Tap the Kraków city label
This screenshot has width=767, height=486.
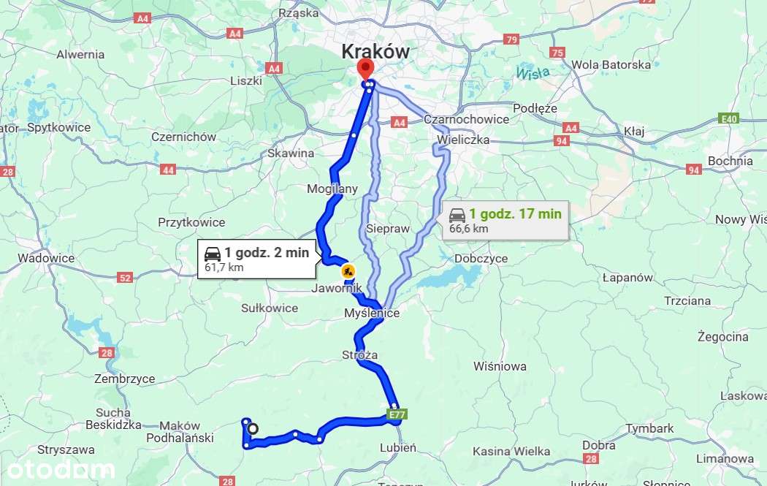375,51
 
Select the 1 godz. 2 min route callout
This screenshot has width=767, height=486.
256,259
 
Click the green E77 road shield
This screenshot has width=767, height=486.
396,415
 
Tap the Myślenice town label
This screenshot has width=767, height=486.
372,313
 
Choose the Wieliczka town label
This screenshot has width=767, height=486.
463,138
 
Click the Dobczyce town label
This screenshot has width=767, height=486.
480,258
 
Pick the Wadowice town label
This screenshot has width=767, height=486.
46,258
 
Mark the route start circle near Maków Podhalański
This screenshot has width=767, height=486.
253,429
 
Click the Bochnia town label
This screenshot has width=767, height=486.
730,161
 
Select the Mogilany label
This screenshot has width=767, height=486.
332,189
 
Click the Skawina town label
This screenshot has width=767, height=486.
291,153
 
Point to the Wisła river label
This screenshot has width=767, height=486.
532,73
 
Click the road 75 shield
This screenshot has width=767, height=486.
558,53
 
